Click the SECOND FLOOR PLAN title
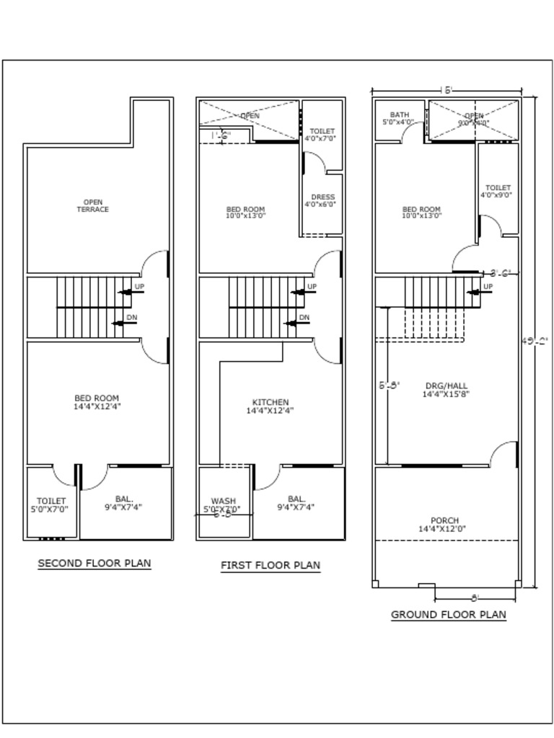click(94, 563)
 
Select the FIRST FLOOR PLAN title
click(270, 565)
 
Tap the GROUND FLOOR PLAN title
click(448, 615)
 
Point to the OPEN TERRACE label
click(93, 206)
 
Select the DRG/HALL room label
click(446, 390)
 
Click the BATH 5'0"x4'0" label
click(399, 119)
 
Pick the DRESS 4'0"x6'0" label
click(322, 200)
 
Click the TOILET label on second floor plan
click(51, 504)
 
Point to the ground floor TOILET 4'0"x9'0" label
click(497, 191)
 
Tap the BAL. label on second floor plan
click(124, 502)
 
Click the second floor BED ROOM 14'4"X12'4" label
click(97, 402)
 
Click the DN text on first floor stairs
click(304, 318)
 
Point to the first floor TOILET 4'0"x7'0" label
click(322, 135)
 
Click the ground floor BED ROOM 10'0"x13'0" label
click(421, 213)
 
